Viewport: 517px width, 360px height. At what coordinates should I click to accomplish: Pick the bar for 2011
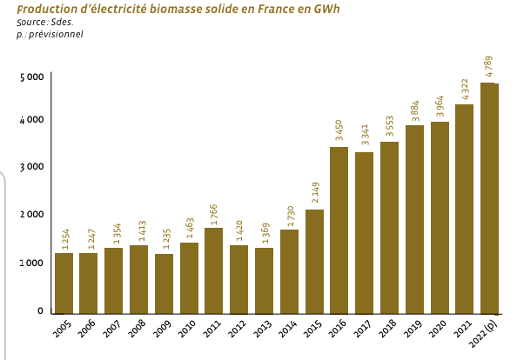[x=213, y=270]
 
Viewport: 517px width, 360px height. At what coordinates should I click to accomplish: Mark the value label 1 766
[x=213, y=212]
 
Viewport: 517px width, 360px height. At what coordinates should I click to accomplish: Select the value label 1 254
[x=64, y=237]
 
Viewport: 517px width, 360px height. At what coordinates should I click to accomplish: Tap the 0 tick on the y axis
[x=40, y=310]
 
